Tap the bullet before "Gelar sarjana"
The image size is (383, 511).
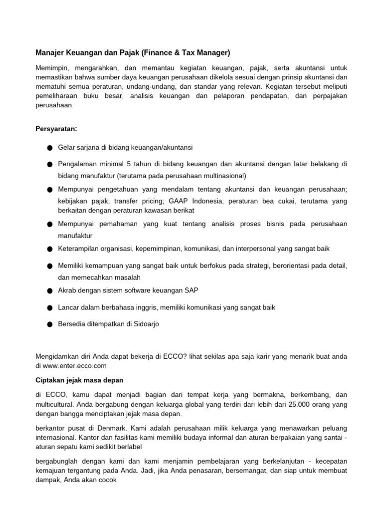50,148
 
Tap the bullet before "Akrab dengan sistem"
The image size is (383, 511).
50,291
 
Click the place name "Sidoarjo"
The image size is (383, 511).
145,324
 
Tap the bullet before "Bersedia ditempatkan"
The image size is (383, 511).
50,324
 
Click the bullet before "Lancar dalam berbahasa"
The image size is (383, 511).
50,308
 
